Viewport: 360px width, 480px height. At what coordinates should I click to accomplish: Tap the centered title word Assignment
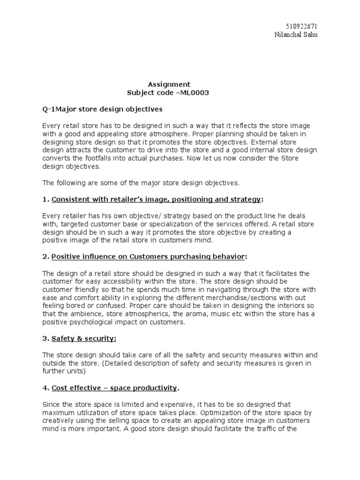[169, 84]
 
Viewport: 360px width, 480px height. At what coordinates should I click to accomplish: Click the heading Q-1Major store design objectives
[102, 109]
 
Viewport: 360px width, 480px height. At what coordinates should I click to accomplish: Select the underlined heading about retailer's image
[156, 199]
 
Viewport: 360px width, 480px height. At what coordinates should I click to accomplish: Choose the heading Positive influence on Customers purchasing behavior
[148, 256]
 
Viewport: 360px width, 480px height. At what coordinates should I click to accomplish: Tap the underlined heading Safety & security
[84, 338]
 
